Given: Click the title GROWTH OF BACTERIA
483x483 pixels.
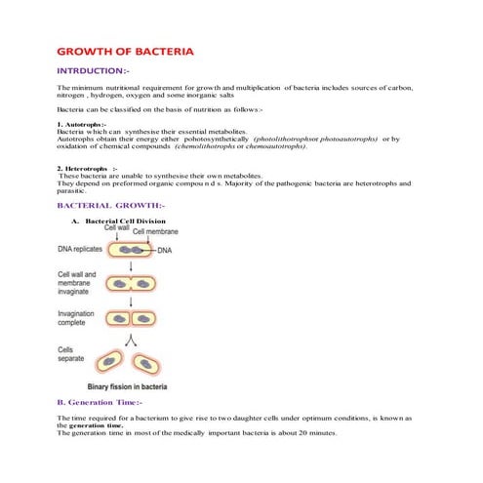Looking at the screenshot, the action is [125, 50].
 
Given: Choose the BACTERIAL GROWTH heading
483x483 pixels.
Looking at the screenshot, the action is [111, 206].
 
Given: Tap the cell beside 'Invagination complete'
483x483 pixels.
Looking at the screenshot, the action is [131, 318].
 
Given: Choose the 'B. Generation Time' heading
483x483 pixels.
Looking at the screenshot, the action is [100, 402].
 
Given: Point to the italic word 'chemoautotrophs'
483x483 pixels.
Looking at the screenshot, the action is [268, 146].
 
